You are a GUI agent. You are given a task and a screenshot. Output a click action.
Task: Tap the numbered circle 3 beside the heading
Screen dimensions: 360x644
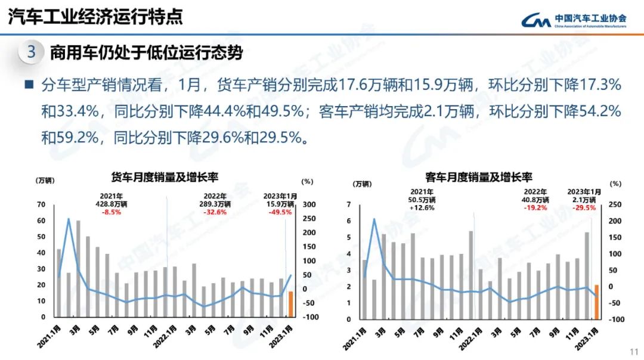point(32,52)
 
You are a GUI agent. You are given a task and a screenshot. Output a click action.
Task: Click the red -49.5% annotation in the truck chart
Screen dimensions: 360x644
point(280,212)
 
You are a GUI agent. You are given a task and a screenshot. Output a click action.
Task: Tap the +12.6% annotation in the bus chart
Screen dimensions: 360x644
point(422,208)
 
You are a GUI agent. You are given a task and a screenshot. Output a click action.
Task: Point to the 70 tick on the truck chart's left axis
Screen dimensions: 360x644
point(41,204)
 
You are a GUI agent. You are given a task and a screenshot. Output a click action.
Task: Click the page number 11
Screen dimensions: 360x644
point(634,351)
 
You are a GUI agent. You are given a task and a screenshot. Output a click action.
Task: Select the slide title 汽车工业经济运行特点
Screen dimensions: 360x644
point(95,17)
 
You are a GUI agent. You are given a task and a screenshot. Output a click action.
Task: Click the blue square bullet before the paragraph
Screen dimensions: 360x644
point(29,85)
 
